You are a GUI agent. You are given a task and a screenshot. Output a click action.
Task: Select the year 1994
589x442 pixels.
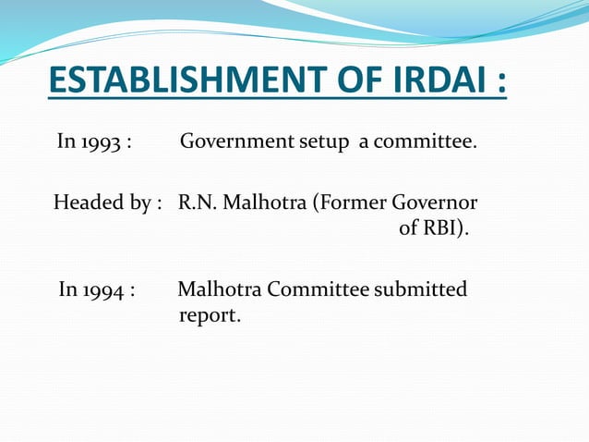click(x=102, y=290)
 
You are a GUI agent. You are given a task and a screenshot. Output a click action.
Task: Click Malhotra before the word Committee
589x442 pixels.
click(x=219, y=289)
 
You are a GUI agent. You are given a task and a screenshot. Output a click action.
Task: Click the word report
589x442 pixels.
click(x=209, y=316)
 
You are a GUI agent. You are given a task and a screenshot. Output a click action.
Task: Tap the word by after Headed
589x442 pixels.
click(x=135, y=203)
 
